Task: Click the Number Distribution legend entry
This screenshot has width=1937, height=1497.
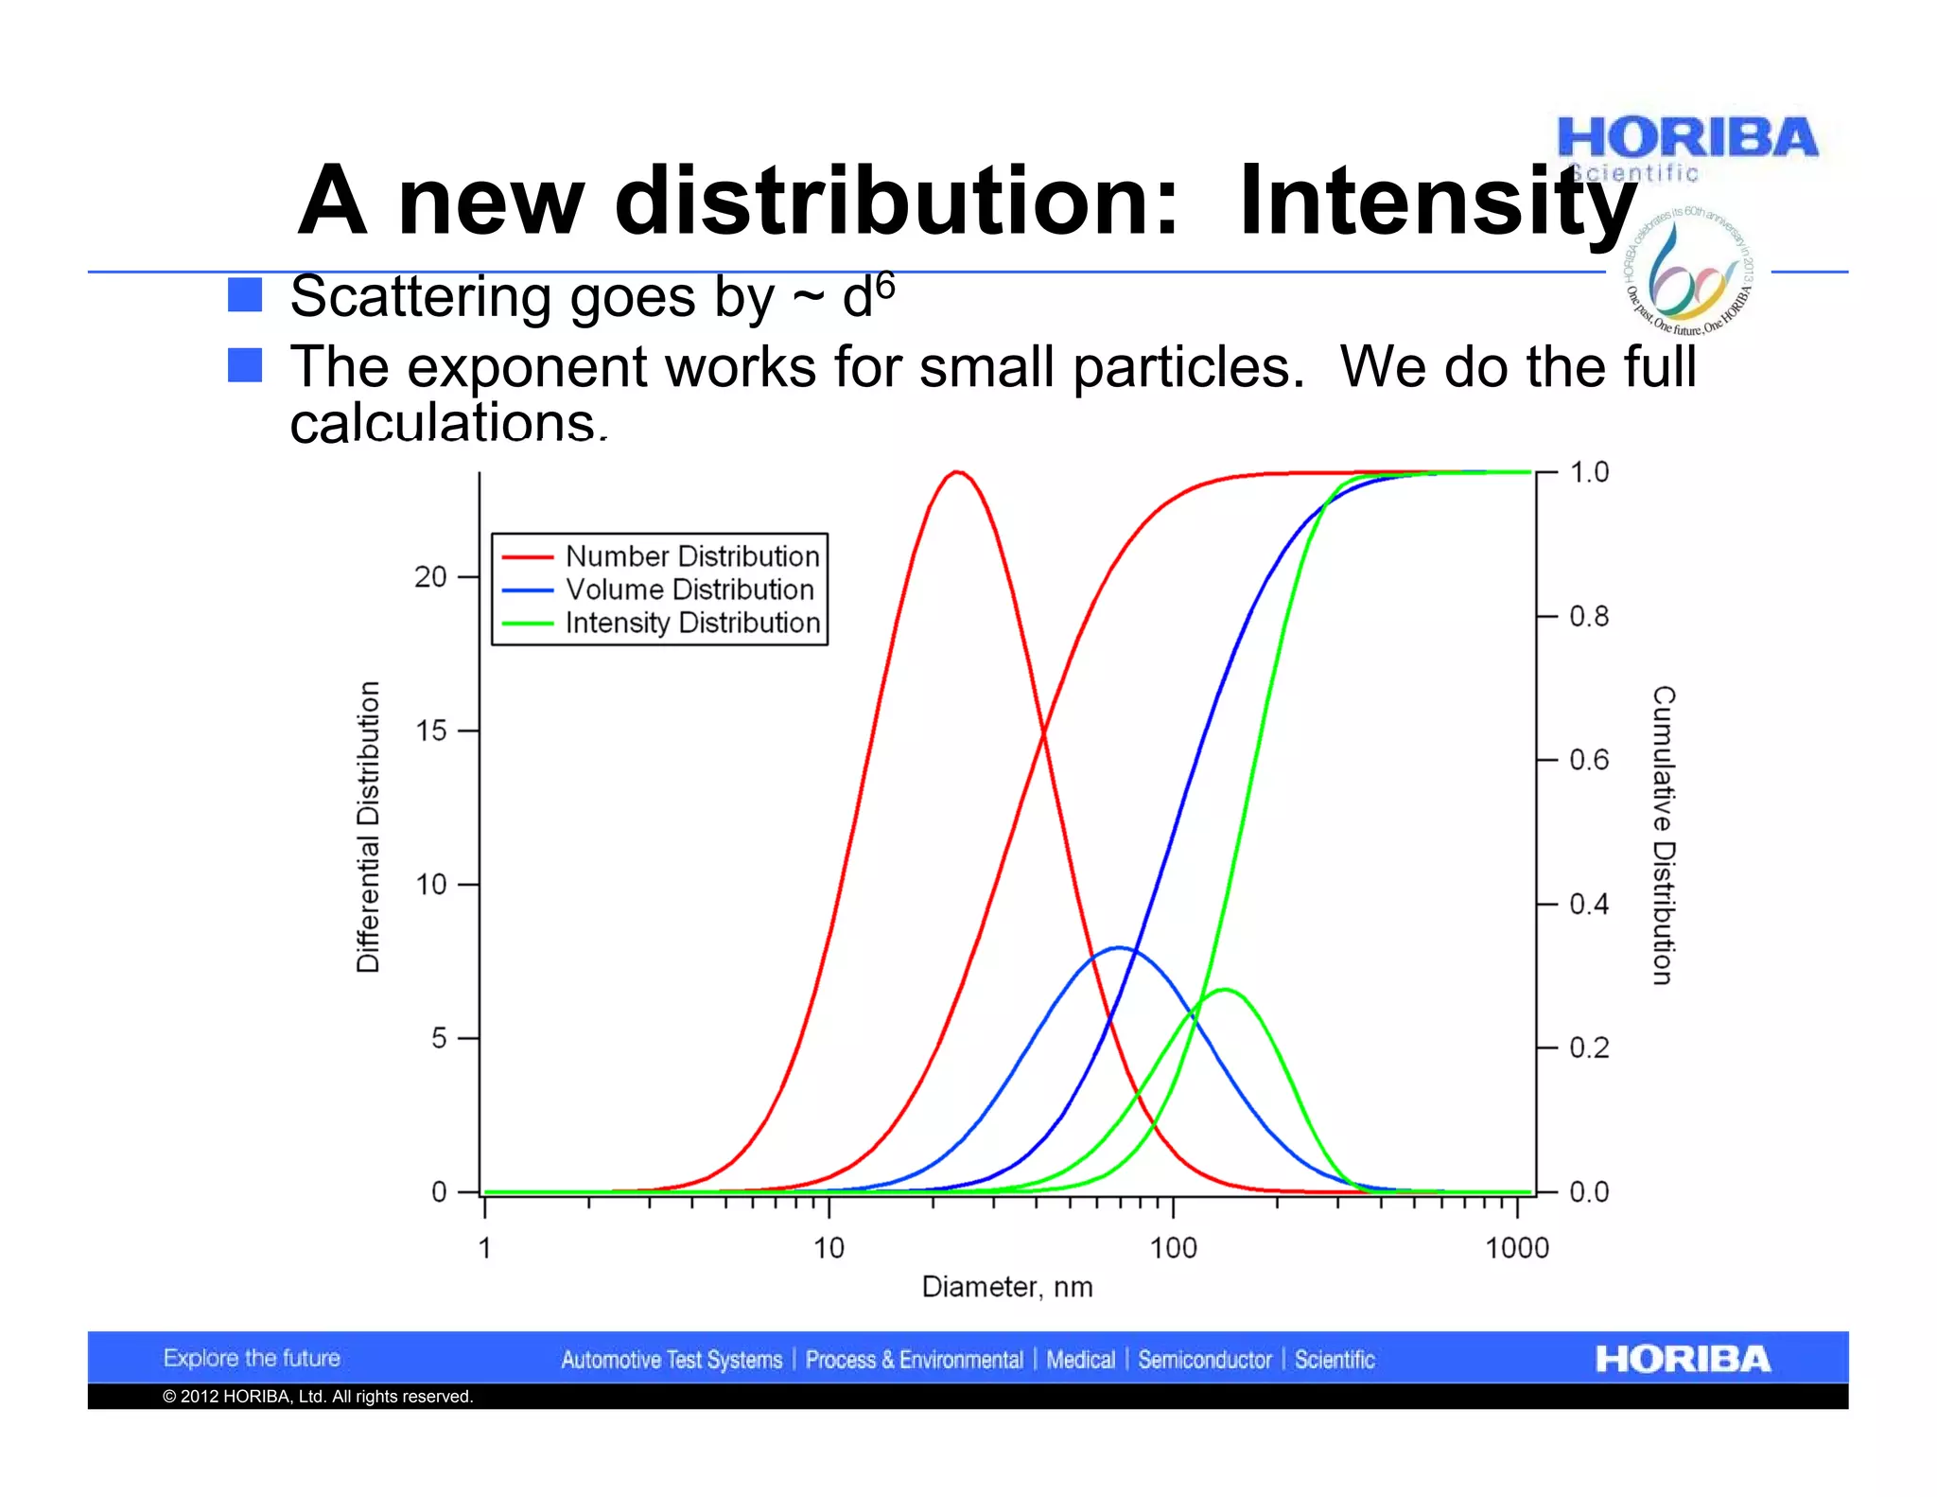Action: click(691, 556)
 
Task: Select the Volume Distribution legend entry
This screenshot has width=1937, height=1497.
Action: click(689, 590)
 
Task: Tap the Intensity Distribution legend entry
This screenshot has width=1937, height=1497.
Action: click(691, 623)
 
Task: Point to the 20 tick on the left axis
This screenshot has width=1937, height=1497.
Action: click(430, 576)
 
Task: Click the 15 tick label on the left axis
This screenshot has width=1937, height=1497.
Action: click(430, 731)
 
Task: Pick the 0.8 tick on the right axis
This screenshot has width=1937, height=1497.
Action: click(1589, 616)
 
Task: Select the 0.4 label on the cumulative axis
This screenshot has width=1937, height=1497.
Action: click(1589, 905)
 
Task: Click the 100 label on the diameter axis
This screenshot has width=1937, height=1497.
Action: click(1173, 1248)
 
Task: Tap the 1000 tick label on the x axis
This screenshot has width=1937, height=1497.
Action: click(1517, 1248)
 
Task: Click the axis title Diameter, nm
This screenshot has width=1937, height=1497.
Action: click(1007, 1287)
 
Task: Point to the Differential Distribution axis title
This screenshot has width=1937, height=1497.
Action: click(368, 826)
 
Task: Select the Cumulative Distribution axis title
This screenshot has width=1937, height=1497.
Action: click(1664, 835)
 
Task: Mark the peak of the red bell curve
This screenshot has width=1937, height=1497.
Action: click(957, 471)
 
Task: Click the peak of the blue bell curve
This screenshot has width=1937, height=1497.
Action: click(1120, 947)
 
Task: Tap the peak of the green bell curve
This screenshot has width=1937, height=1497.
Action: click(1225, 990)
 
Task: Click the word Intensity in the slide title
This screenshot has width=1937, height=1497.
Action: click(1438, 202)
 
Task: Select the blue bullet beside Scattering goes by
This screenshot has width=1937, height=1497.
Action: click(245, 295)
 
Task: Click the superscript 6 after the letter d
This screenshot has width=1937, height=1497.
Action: click(884, 284)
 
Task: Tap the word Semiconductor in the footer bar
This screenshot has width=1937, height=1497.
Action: click(1204, 1360)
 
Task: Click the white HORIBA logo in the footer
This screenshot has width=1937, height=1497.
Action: click(1682, 1359)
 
